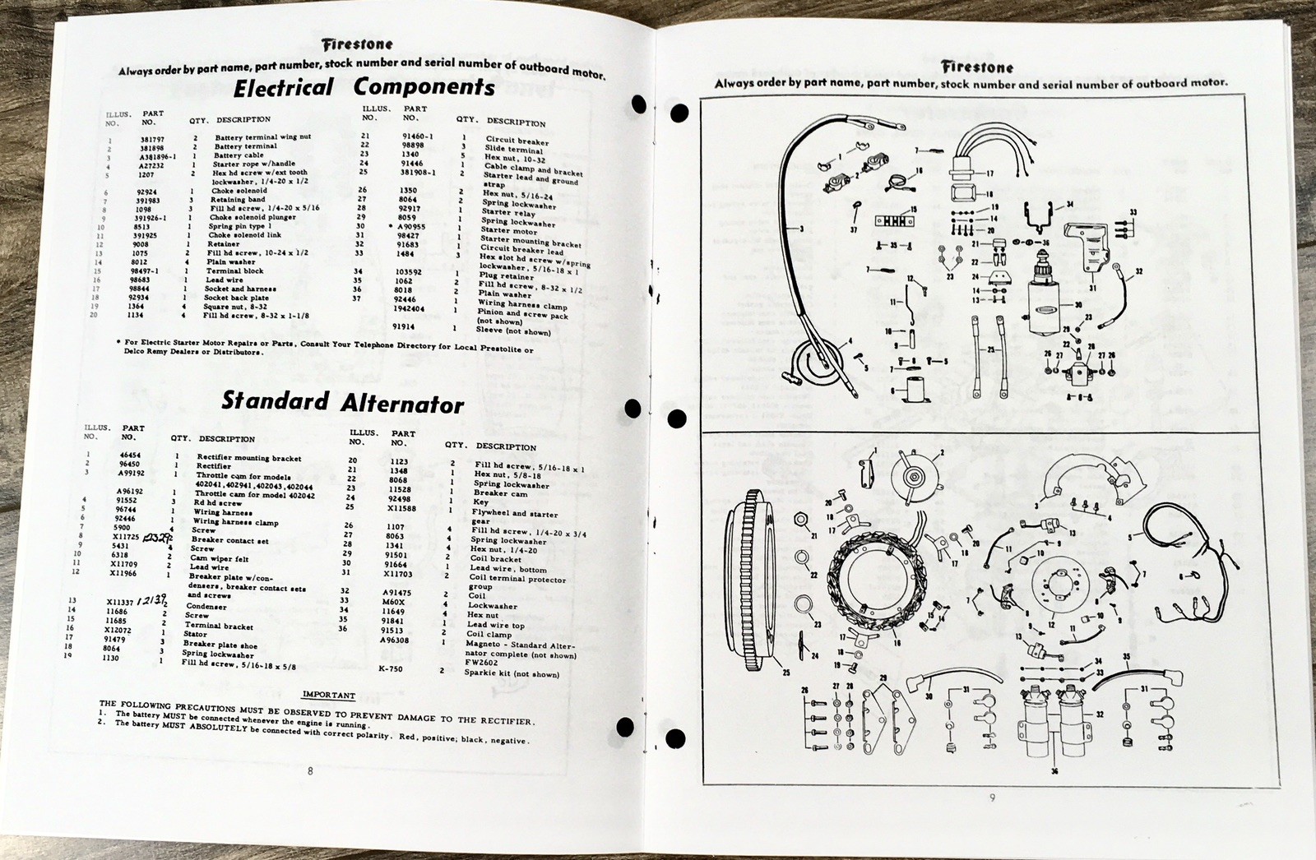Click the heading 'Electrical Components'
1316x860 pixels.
(364, 87)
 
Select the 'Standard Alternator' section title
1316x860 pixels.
(342, 402)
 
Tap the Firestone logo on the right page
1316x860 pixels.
(978, 67)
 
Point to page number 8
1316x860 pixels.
(310, 770)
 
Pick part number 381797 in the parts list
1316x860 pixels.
(152, 138)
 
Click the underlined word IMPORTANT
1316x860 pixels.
(328, 695)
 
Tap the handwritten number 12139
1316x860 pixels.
(154, 601)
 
